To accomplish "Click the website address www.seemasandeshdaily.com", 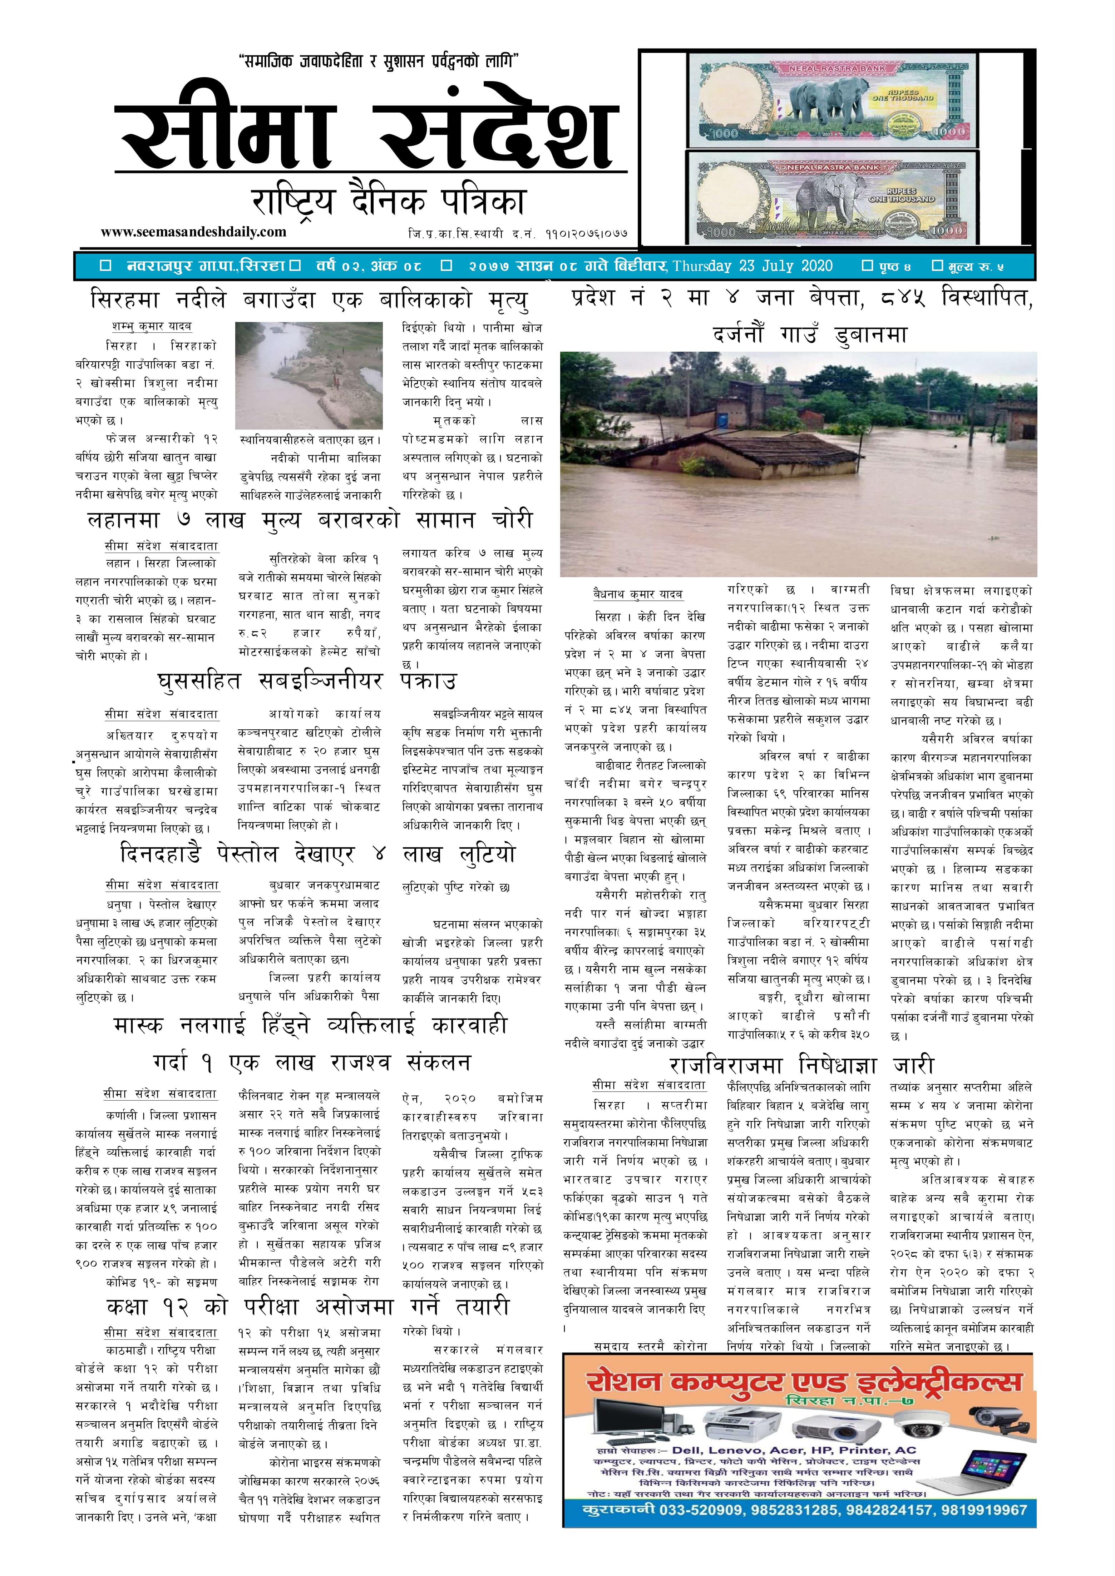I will click(x=194, y=232).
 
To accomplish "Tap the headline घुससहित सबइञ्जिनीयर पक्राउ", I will click(x=306, y=682).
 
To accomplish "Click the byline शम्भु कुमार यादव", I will click(x=152, y=326).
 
